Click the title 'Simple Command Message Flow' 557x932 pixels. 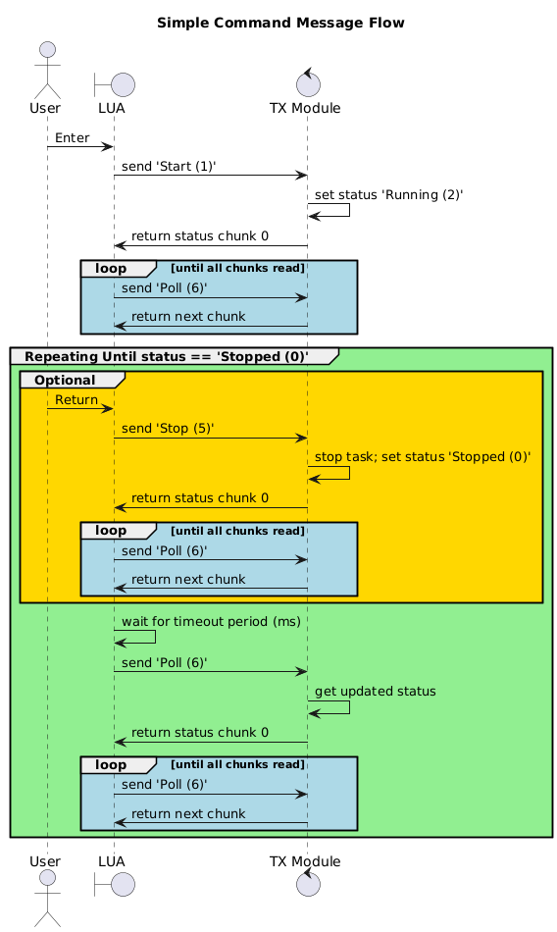click(279, 23)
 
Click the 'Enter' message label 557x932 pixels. click(73, 138)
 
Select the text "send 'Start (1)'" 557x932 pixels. click(170, 167)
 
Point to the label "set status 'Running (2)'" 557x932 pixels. click(388, 195)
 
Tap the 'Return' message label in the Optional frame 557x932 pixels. click(76, 399)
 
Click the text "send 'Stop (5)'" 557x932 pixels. click(168, 428)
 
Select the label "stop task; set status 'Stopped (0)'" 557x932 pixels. click(423, 456)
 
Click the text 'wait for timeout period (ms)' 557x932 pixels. click(211, 621)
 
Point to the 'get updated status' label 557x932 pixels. click(376, 691)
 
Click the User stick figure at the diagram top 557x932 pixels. click(46, 66)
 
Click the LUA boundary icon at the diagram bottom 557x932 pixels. click(114, 884)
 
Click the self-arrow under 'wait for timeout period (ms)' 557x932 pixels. click(137, 636)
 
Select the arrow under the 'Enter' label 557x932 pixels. click(80, 147)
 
